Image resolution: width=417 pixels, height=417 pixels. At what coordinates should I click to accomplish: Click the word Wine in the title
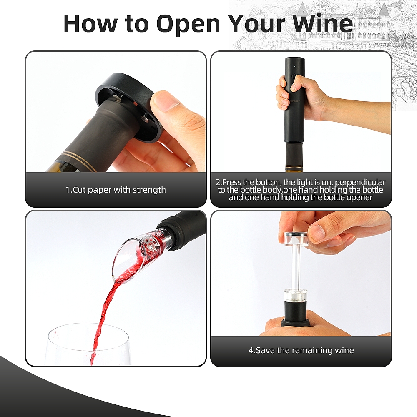pyautogui.click(x=323, y=23)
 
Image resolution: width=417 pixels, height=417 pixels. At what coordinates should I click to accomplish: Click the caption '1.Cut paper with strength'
pyautogui.click(x=116, y=190)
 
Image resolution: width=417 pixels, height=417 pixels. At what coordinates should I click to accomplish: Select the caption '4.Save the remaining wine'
pyautogui.click(x=301, y=350)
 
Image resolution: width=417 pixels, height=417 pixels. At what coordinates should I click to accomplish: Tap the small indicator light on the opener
pyautogui.click(x=295, y=66)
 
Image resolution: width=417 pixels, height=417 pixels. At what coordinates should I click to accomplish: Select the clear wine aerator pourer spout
pyautogui.click(x=136, y=255)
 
